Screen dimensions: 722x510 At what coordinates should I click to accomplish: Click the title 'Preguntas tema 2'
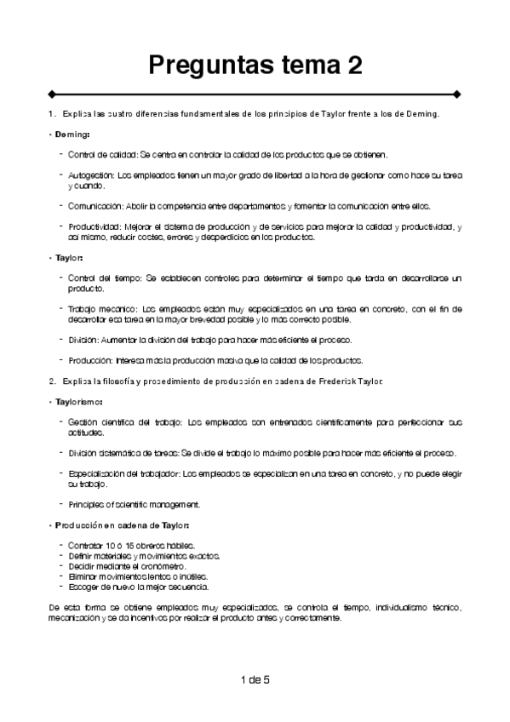[x=255, y=64]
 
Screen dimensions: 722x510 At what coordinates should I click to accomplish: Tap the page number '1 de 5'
[x=255, y=679]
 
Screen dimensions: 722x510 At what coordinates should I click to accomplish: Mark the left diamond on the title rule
[x=53, y=94]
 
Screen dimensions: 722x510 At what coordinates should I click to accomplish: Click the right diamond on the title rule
[x=457, y=94]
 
